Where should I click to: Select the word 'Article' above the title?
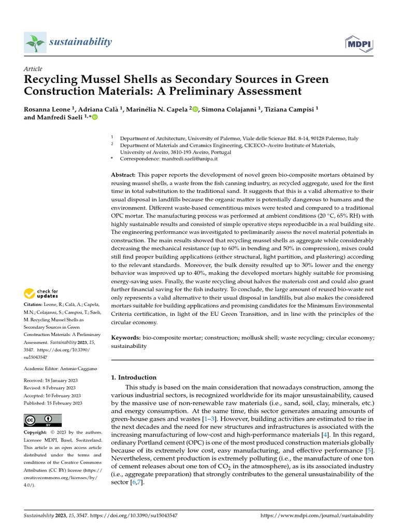pyautogui.click(x=33, y=69)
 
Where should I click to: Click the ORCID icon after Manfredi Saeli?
pyautogui.click(x=95, y=118)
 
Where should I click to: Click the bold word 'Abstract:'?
pyautogui.click(x=124, y=175)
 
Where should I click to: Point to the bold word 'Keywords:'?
pyautogui.click(x=126, y=338)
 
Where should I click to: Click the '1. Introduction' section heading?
pyautogui.click(x=134, y=378)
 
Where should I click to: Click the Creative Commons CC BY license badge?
pyautogui.click(x=42, y=420)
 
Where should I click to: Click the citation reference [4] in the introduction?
pyautogui.click(x=324, y=435)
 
